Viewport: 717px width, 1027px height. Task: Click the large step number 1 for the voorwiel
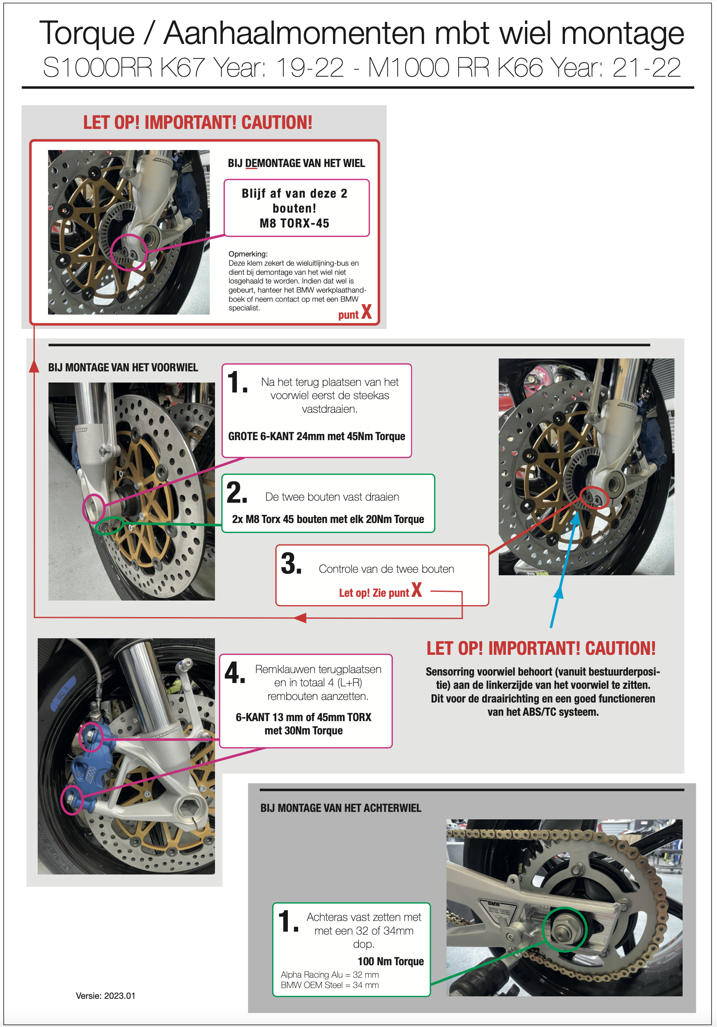click(237, 383)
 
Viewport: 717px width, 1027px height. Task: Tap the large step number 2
click(237, 492)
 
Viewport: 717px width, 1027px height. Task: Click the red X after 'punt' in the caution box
click(367, 312)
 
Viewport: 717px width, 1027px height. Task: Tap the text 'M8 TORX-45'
click(294, 223)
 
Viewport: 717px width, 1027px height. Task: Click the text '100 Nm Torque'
click(390, 961)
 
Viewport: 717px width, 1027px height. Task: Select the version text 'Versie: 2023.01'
click(106, 996)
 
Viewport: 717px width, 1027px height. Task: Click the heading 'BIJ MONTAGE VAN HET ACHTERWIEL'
click(340, 808)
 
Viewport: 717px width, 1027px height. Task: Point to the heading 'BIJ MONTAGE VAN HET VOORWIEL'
click(123, 367)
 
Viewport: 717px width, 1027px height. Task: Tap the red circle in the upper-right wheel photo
click(594, 498)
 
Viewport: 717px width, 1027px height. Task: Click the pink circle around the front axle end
click(94, 508)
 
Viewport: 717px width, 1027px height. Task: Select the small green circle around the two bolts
click(109, 526)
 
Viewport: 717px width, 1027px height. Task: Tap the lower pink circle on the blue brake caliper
click(72, 800)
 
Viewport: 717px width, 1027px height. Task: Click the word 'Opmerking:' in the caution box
click(248, 254)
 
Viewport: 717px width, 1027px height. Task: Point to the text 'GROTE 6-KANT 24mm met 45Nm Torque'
click(316, 436)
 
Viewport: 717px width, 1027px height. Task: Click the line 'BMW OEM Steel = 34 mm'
click(329, 985)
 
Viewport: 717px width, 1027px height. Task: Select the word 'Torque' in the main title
click(87, 33)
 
